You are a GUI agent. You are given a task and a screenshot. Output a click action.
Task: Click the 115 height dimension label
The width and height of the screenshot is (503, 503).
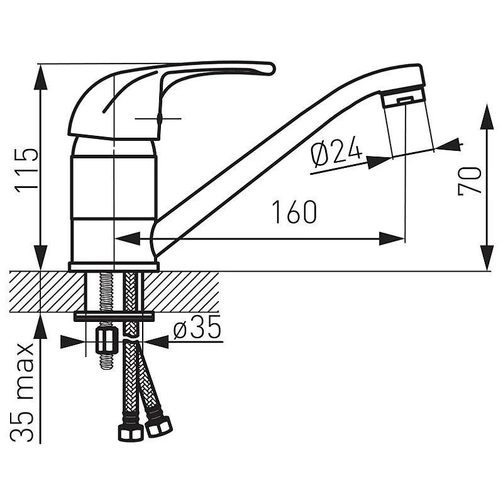(x=26, y=170)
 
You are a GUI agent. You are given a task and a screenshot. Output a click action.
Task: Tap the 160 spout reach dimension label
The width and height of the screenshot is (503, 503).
(x=294, y=212)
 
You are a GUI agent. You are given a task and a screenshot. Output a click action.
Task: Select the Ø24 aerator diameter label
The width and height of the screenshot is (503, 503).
(x=336, y=152)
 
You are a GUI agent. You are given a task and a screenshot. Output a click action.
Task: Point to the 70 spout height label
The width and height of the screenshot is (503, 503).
(x=470, y=180)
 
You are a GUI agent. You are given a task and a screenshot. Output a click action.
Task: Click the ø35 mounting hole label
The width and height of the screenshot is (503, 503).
(x=197, y=327)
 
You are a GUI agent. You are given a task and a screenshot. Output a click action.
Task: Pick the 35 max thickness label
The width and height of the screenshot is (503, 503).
(x=22, y=393)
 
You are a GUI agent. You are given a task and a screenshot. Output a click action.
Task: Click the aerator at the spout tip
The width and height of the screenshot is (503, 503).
(x=404, y=98)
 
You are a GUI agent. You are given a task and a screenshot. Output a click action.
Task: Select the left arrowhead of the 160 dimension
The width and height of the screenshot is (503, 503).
(x=127, y=239)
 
